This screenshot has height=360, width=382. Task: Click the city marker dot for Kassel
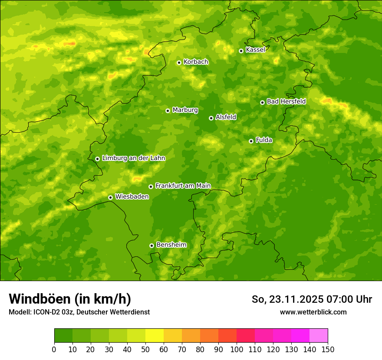tap(241, 51)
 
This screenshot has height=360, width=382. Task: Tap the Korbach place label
tap(196, 62)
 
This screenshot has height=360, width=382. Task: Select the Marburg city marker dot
tap(168, 111)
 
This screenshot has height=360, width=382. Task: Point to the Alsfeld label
tap(226, 117)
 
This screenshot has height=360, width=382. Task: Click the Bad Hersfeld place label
tap(286, 101)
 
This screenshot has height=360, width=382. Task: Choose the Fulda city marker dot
tap(251, 141)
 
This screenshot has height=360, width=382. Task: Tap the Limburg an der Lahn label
tap(133, 158)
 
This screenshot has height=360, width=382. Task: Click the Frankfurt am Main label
tap(183, 186)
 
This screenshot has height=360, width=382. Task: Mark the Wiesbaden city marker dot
tap(110, 197)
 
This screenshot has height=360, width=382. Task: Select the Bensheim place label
tap(171, 245)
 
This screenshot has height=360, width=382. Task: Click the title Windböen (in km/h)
tap(70, 299)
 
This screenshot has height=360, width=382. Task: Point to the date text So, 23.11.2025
tap(287, 299)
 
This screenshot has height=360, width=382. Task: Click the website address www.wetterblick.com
tap(313, 312)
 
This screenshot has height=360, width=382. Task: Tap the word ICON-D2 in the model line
tap(45, 312)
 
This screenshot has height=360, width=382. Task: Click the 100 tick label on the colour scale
tap(237, 349)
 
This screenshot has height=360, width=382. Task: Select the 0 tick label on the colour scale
tap(54, 349)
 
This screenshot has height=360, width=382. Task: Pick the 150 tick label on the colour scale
tap(328, 349)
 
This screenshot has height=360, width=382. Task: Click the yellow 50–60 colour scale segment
tap(155, 336)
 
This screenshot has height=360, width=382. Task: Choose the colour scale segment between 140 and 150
tap(319, 336)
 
